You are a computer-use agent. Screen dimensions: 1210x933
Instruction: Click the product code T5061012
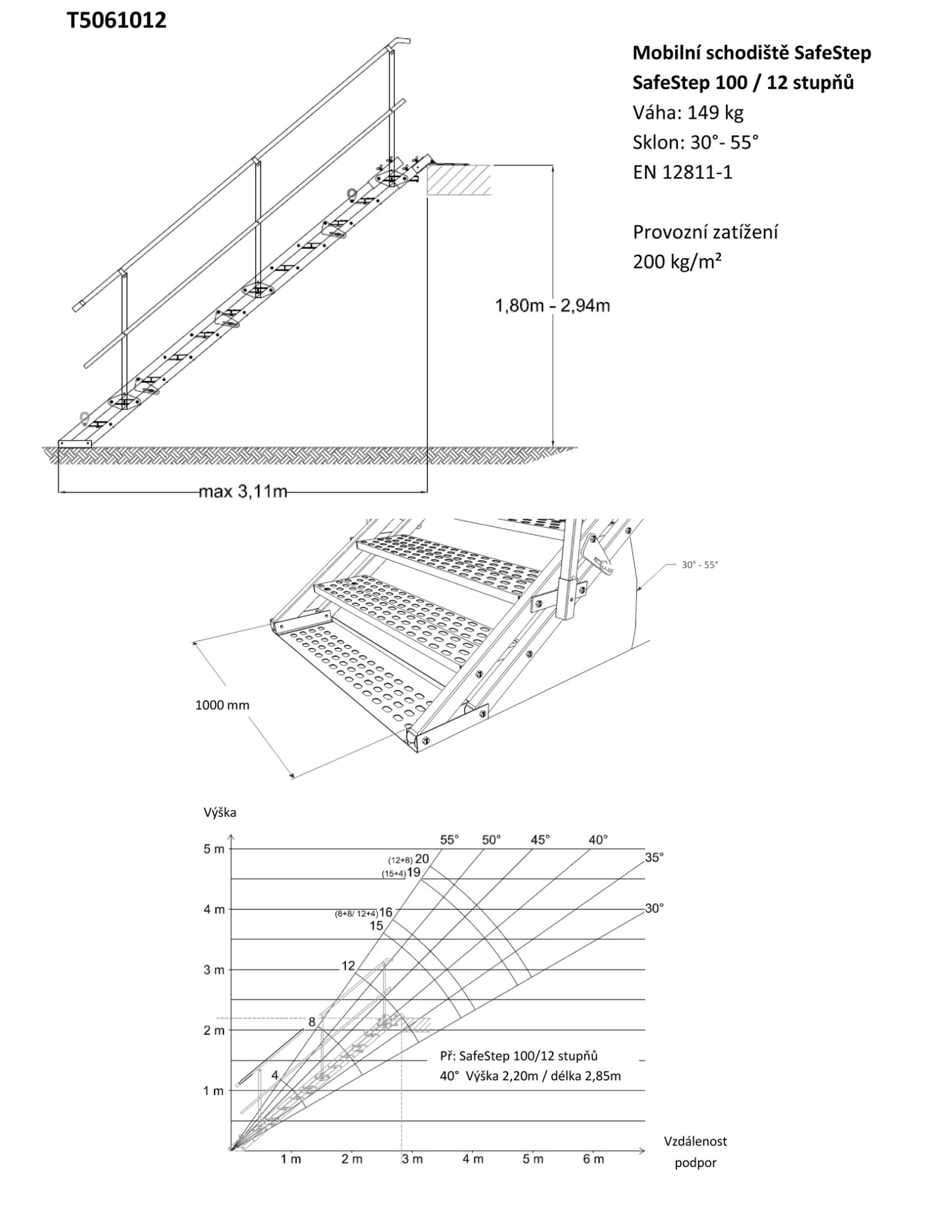pos(116,21)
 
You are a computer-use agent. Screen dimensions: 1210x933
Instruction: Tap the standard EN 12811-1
pos(682,172)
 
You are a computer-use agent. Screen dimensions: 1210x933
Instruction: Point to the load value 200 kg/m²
pos(677,261)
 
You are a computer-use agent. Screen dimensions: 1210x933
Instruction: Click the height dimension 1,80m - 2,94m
pos(552,306)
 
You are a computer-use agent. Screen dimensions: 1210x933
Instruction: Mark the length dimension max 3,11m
pos(242,491)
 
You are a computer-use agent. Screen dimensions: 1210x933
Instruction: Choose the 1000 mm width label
pos(222,705)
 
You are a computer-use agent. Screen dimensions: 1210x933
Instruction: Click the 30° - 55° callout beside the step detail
pos(699,564)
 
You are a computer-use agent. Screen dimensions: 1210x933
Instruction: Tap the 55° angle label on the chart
pos(449,840)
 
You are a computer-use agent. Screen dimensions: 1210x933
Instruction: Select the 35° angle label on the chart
pos(655,857)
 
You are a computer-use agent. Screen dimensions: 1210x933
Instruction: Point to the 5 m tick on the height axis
pos(214,849)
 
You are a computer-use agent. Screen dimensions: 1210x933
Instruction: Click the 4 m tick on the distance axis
pos(473,1159)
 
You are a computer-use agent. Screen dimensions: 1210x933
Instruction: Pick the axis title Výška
pos(220,812)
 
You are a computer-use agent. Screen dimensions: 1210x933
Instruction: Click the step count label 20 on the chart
pos(422,858)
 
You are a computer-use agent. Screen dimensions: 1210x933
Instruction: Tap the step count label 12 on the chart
pos(348,966)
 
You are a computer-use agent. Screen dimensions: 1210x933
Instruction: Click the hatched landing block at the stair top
pos(459,180)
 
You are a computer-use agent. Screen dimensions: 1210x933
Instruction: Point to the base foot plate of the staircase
pos(75,443)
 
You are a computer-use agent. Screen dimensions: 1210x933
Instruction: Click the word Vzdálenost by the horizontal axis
pos(695,1141)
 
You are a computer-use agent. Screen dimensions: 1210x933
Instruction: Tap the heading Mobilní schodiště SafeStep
pos(751,53)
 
